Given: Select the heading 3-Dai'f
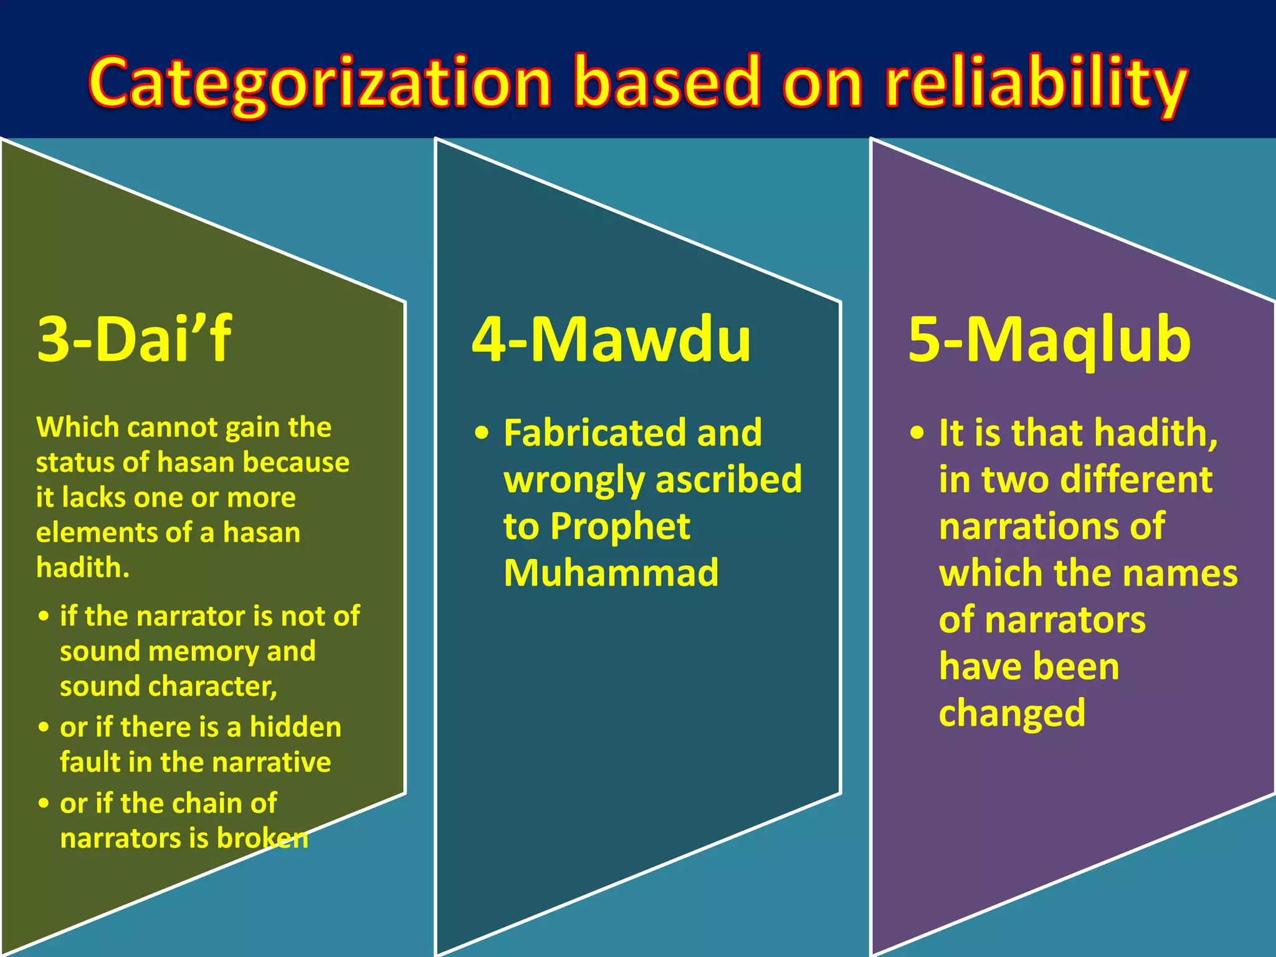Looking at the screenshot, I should pyautogui.click(x=134, y=339).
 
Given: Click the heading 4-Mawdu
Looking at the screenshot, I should pyautogui.click(x=611, y=339).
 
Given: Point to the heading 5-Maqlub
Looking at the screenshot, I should pyautogui.click(x=1049, y=339).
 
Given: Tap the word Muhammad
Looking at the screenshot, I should pyautogui.click(x=611, y=573).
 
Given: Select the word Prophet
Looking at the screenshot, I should pyautogui.click(x=620, y=526).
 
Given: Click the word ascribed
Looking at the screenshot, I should pyautogui.click(x=728, y=480).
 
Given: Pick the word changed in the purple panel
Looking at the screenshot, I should pyautogui.click(x=1012, y=713).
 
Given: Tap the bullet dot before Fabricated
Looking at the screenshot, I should pyautogui.click(x=482, y=433).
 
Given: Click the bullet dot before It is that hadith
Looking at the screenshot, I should pyautogui.click(x=917, y=433).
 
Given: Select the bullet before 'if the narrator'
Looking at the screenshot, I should pyautogui.click(x=44, y=616).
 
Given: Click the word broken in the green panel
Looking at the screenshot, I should pyautogui.click(x=262, y=838).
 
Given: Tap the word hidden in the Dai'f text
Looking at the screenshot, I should pyautogui.click(x=295, y=727).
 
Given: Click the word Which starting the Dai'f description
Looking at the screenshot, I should pyautogui.click(x=77, y=427).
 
